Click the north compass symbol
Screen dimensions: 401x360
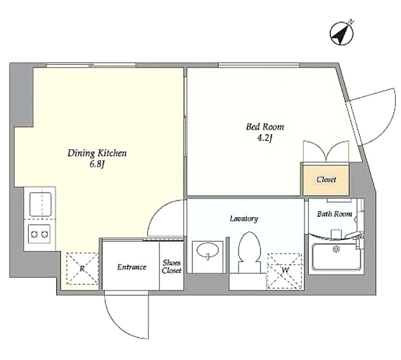pyautogui.click(x=342, y=34)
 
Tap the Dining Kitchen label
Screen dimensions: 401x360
pyautogui.click(x=97, y=153)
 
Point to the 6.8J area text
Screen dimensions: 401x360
pyautogui.click(x=97, y=164)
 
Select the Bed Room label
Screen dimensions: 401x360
pyautogui.click(x=265, y=127)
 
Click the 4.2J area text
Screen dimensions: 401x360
pyautogui.click(x=265, y=138)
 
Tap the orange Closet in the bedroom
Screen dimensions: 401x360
pyautogui.click(x=326, y=179)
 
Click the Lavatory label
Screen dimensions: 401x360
pyautogui.click(x=244, y=219)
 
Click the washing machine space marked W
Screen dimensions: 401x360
pyautogui.click(x=284, y=271)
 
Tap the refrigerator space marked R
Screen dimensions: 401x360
pyautogui.click(x=82, y=268)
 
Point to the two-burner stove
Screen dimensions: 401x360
pyautogui.click(x=39, y=234)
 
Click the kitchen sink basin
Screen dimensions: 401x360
pyautogui.click(x=41, y=204)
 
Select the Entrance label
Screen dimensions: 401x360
pyautogui.click(x=132, y=267)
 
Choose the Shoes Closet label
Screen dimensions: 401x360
pyautogui.click(x=171, y=267)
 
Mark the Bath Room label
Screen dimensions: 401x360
pyautogui.click(x=334, y=214)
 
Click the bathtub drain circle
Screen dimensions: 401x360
pyautogui.click(x=336, y=249)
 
